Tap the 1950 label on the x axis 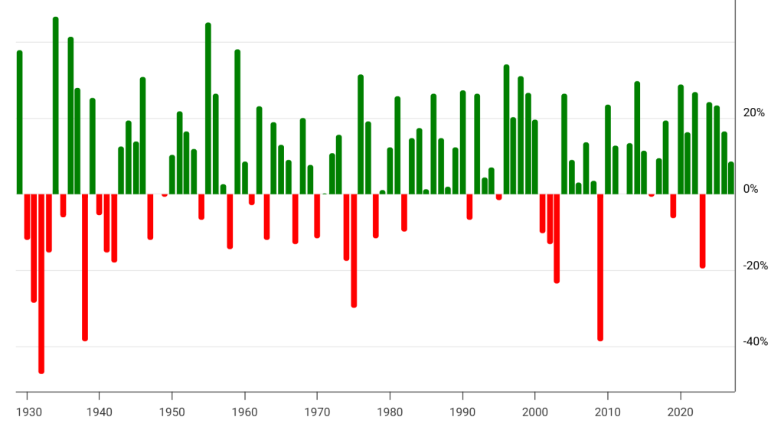click(172, 412)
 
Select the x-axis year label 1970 click(317, 412)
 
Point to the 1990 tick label click(462, 412)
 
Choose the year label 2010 click(607, 412)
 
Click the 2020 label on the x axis click(681, 412)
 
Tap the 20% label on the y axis click(754, 113)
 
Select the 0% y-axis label click(750, 189)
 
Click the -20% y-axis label click(756, 265)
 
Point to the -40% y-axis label click(756, 341)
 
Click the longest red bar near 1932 click(41, 284)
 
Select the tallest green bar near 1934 click(55, 106)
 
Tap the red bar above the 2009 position click(600, 267)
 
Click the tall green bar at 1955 click(208, 109)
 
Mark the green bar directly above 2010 click(608, 149)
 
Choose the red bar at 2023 click(703, 231)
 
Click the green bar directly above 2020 click(681, 139)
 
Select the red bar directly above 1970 click(317, 216)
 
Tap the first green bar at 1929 click(19, 122)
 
